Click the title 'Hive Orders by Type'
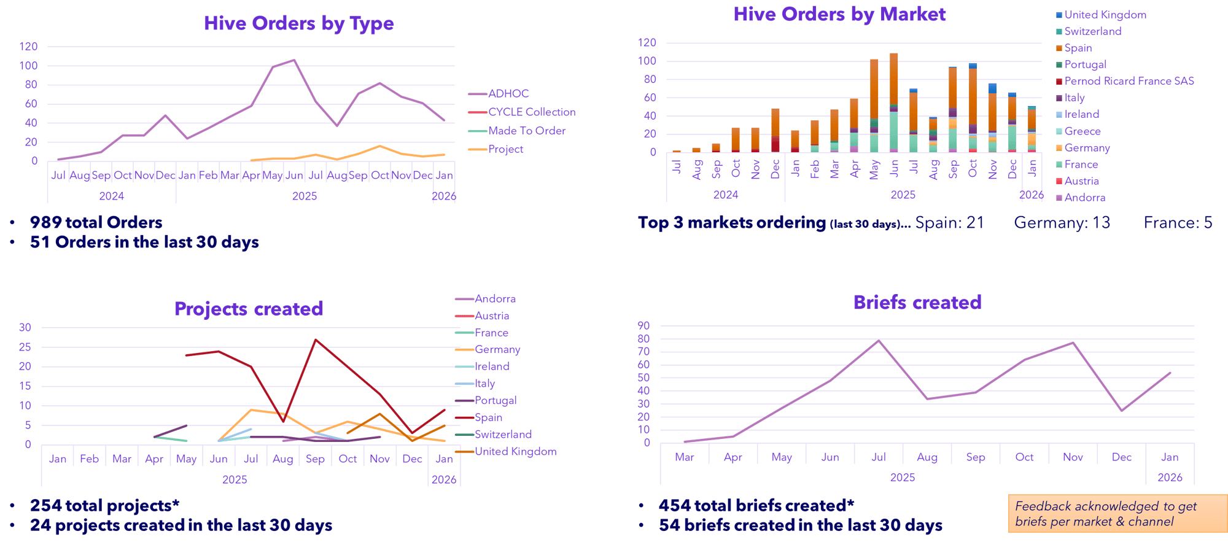pos(299,23)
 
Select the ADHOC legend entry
pos(508,94)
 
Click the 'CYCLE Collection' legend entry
pos(531,112)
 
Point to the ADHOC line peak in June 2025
pos(294,60)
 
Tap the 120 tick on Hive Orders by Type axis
pos(29,47)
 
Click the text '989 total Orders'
pos(96,222)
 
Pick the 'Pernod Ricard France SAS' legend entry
pos(1129,81)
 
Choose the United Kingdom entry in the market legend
pos(1105,15)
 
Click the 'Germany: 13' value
pos(1062,222)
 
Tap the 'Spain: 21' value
pos(949,222)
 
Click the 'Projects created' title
pos(249,308)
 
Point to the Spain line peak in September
pos(316,339)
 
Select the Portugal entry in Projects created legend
pos(495,401)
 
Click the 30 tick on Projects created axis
pos(25,327)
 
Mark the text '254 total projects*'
pos(105,505)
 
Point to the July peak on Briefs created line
pos(879,339)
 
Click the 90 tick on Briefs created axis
pos(643,326)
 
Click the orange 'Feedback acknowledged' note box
pos(1117,513)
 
